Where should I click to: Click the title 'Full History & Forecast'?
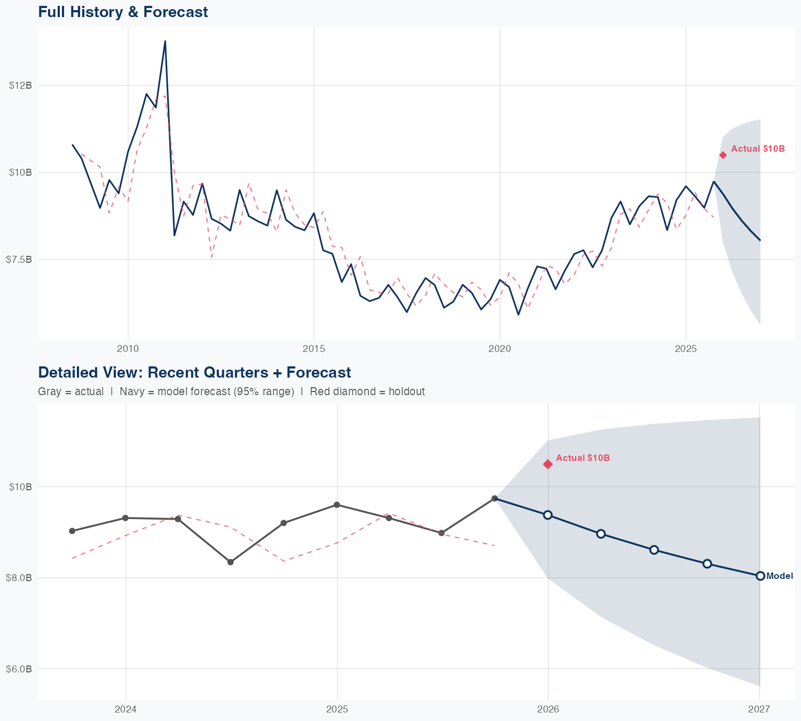123,12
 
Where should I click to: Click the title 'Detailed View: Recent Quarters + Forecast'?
194,372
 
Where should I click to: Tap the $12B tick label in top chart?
20,85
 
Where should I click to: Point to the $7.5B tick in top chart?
19,260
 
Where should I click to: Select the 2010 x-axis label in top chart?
128,349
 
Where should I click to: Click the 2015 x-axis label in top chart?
313,349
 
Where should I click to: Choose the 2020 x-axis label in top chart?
500,349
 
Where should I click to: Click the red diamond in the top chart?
723,155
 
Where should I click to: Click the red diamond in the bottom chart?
548,464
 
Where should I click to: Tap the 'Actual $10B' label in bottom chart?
583,458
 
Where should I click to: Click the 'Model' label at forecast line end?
780,576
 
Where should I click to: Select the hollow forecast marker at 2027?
760,576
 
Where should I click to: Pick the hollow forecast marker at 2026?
548,515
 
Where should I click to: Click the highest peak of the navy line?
165,41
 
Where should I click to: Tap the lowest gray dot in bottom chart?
231,562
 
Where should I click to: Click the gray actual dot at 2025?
337,505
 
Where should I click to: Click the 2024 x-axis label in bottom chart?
126,710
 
